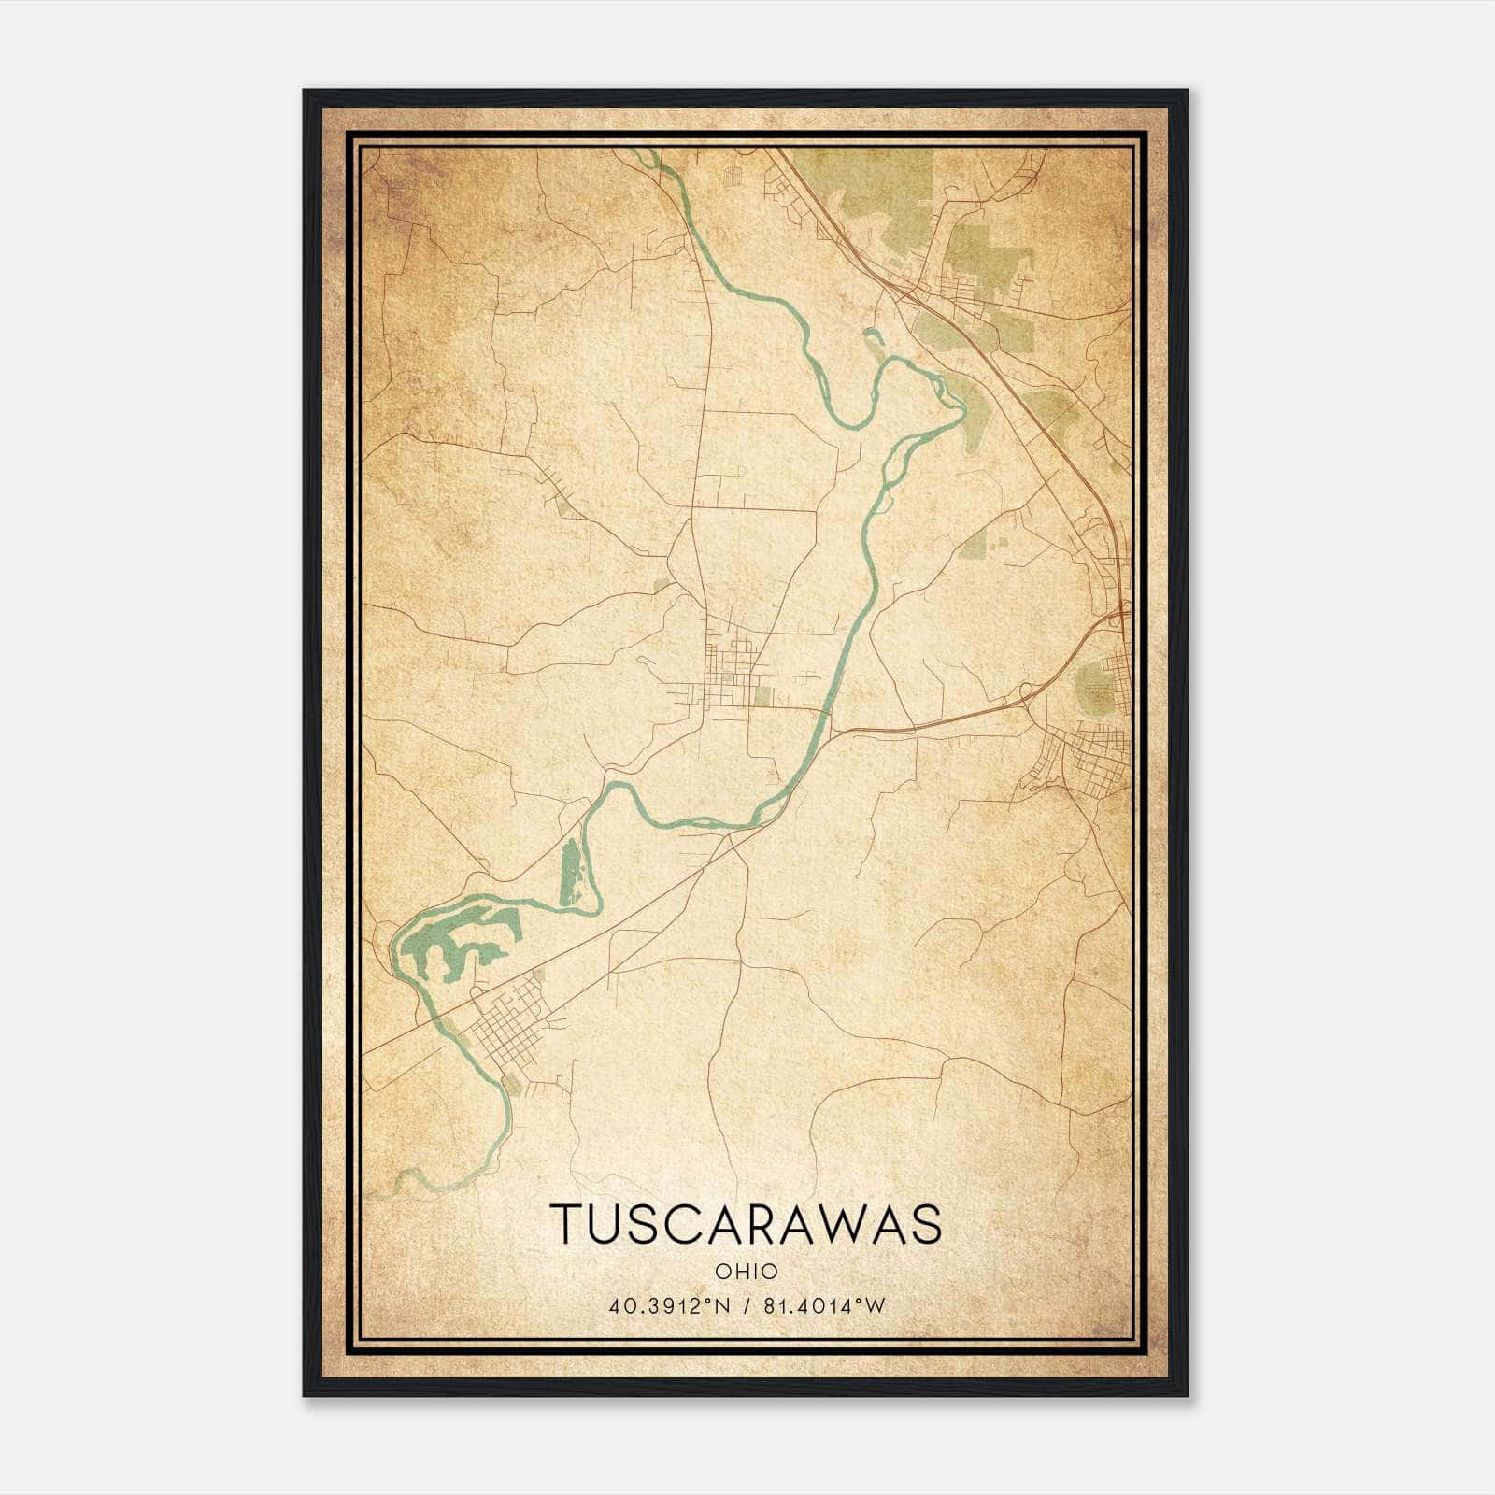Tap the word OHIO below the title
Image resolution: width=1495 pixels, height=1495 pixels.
click(746, 1272)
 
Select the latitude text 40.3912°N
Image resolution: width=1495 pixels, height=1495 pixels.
click(662, 1305)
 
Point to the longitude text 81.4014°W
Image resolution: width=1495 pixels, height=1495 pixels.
click(823, 1305)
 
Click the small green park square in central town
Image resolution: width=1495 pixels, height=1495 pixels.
click(763, 696)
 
